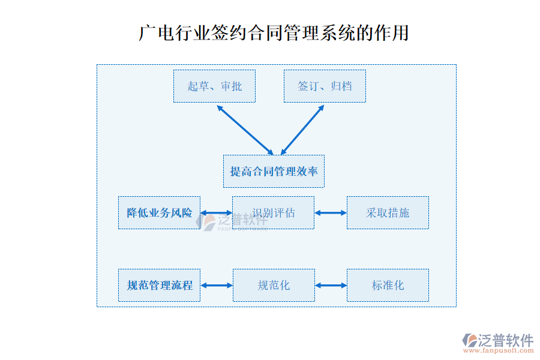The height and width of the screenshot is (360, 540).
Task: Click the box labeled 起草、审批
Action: [214, 86]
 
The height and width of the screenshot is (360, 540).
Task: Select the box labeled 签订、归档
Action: [325, 86]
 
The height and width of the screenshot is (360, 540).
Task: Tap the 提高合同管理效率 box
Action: [274, 171]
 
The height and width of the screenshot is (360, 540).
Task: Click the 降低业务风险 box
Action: [159, 212]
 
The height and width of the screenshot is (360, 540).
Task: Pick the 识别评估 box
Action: [273, 212]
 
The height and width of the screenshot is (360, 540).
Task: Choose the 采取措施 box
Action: [388, 212]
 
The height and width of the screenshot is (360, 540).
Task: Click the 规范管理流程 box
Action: [159, 285]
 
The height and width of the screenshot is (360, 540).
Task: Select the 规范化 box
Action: [273, 285]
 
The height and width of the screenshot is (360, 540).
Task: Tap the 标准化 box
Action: [388, 285]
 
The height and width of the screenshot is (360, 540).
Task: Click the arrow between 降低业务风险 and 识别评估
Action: [216, 212]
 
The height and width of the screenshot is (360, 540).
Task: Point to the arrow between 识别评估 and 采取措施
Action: [331, 212]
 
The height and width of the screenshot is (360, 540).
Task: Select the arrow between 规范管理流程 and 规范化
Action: [216, 285]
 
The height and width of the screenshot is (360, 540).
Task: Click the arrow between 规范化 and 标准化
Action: [331, 285]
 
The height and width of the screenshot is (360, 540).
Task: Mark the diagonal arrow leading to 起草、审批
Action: [245, 130]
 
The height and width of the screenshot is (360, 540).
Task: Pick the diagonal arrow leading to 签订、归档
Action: [302, 130]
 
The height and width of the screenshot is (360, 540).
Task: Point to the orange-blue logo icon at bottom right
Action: [469, 340]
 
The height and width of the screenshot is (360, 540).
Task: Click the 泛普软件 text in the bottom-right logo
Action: [506, 340]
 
